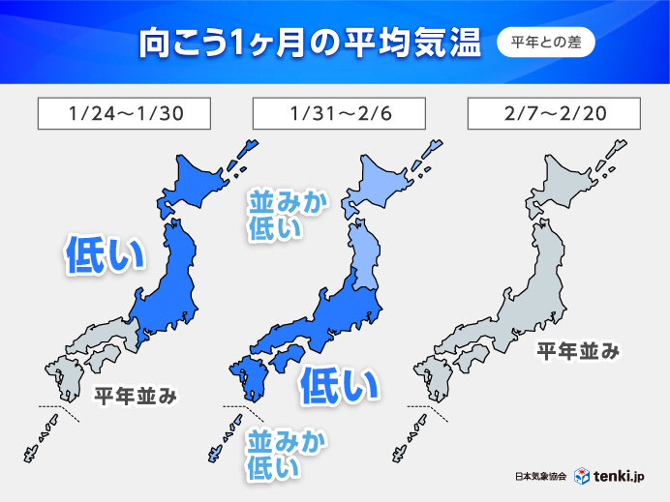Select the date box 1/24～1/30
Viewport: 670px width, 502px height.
pyautogui.click(x=124, y=113)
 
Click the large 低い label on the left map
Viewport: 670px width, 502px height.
pyautogui.click(x=104, y=253)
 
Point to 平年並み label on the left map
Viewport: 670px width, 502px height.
pyautogui.click(x=135, y=395)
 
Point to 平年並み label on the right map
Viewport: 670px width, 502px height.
pyautogui.click(x=578, y=350)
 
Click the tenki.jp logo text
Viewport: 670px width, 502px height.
pyautogui.click(x=624, y=477)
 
